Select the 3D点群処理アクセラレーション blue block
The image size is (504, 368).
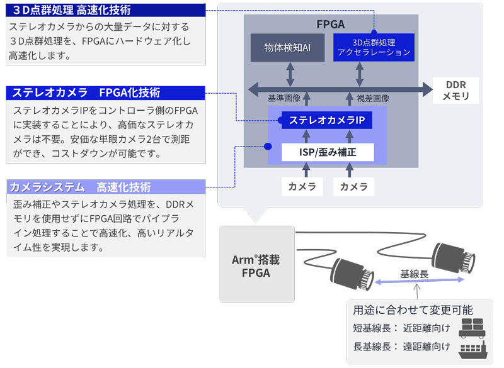[x=374, y=47]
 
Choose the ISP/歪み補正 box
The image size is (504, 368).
[x=327, y=152]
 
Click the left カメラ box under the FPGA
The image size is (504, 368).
[x=302, y=187]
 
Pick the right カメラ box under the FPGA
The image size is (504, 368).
[x=353, y=187]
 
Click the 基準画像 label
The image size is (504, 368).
[x=284, y=98]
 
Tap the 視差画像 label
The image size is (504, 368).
[x=372, y=98]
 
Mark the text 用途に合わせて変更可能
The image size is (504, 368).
[x=413, y=309]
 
